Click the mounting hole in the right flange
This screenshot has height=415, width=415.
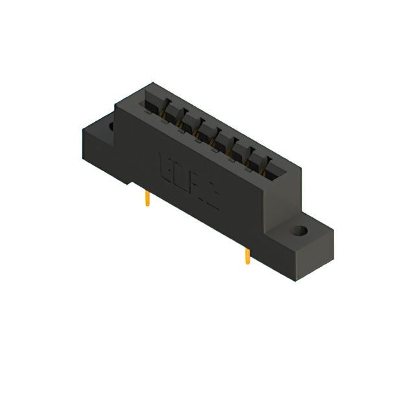tap(298, 231)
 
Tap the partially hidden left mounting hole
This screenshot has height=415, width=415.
tap(112, 125)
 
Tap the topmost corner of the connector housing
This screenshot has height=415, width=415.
tap(153, 82)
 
